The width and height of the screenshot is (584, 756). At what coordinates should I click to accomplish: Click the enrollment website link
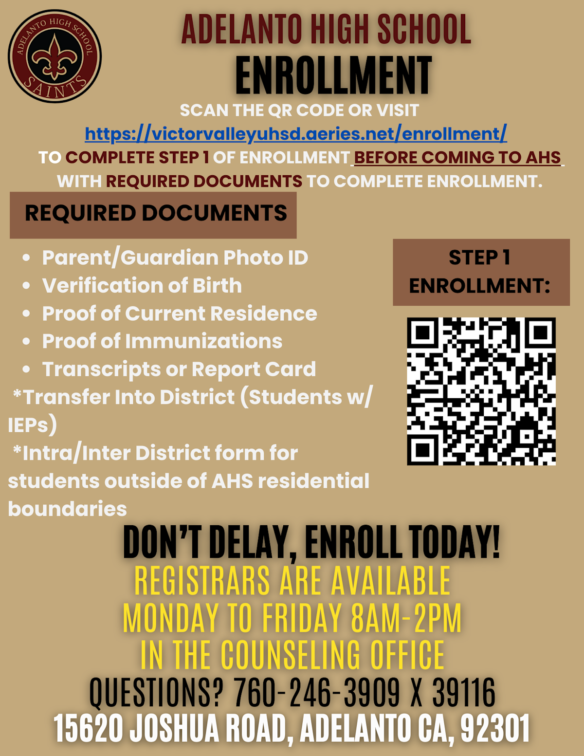pyautogui.click(x=295, y=133)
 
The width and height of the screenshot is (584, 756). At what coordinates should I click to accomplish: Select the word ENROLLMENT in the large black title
pyautogui.click(x=333, y=75)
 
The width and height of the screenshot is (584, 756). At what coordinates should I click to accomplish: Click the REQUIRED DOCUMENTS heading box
pyautogui.click(x=153, y=214)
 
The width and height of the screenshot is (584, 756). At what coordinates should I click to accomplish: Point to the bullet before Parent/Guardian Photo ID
pyautogui.click(x=26, y=258)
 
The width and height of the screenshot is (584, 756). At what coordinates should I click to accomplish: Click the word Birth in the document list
pyautogui.click(x=217, y=286)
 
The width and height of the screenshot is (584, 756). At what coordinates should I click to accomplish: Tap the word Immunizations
pyautogui.click(x=203, y=341)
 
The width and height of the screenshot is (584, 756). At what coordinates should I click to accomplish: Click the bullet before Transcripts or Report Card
pyautogui.click(x=26, y=369)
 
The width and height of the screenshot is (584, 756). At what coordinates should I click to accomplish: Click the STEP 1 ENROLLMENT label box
pyautogui.click(x=481, y=272)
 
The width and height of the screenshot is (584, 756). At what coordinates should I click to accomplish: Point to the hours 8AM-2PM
pyautogui.click(x=406, y=618)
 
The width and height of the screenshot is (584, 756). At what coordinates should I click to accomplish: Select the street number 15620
pyautogui.click(x=88, y=729)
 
